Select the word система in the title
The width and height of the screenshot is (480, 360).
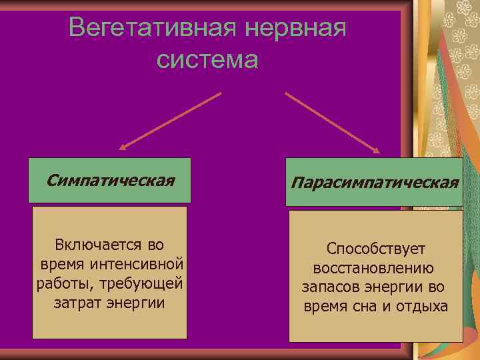(207, 60)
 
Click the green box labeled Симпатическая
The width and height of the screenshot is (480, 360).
(110, 180)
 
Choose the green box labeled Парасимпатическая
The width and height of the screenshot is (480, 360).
(375, 182)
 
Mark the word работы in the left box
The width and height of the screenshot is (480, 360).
(63, 284)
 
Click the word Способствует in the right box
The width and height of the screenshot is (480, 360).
(376, 249)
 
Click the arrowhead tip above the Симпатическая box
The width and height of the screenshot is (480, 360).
(122, 149)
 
